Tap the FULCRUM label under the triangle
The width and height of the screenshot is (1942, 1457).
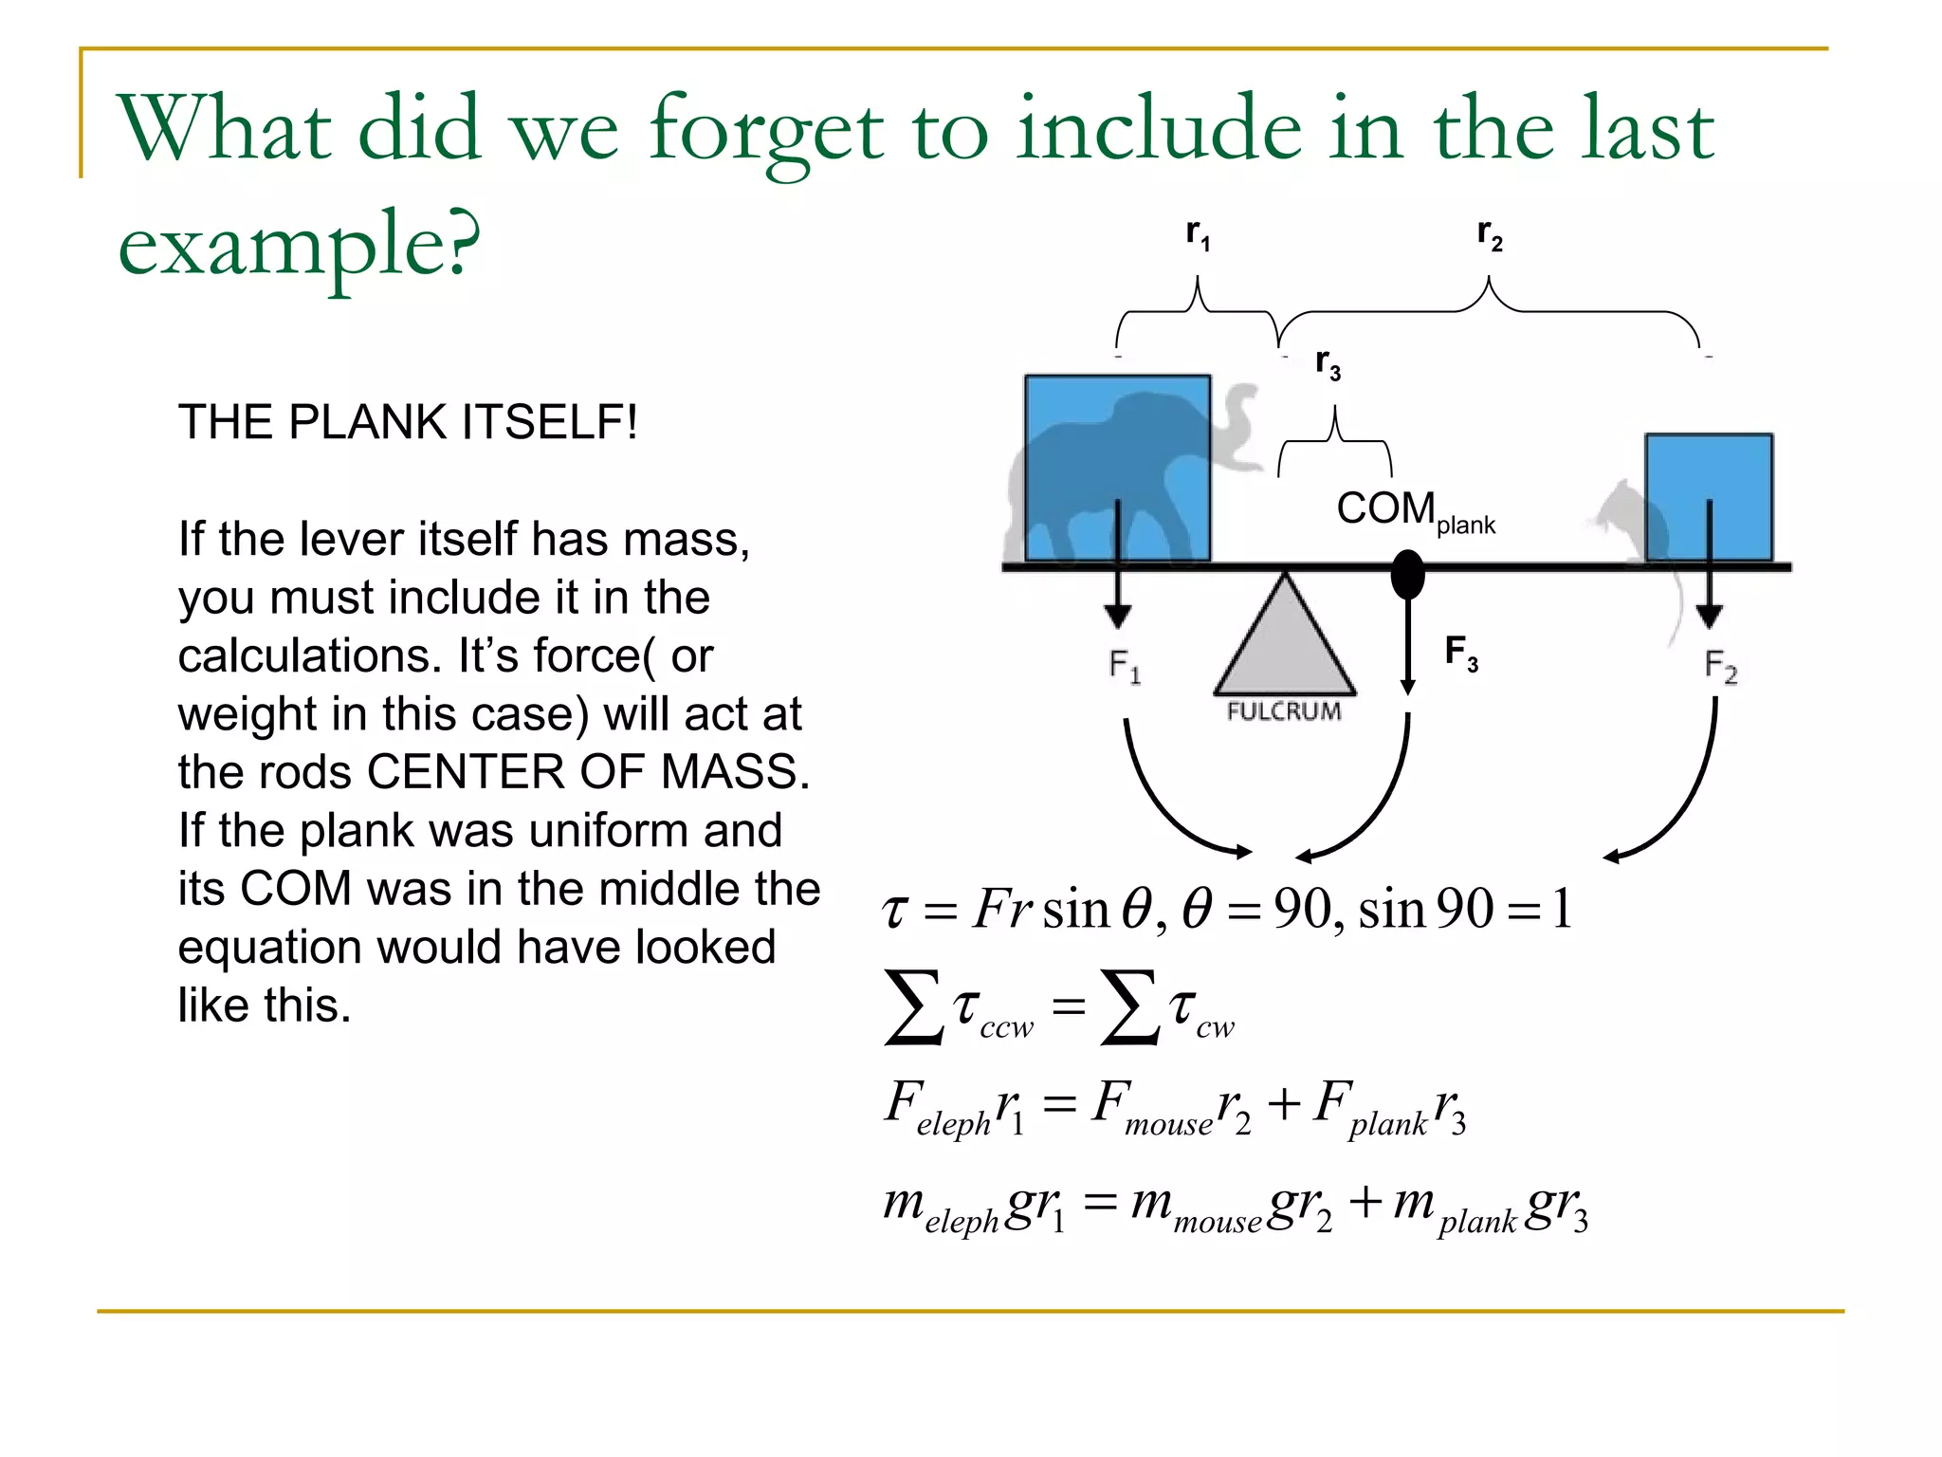coord(1284,711)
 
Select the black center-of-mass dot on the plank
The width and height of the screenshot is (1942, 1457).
coord(1407,574)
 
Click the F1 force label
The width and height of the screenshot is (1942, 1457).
coord(1125,666)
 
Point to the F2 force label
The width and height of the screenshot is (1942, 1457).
coord(1720,666)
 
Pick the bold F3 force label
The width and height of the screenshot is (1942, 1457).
coord(1461,653)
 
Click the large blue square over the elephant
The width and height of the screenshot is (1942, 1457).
coord(1117,467)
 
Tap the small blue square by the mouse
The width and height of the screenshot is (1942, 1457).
coord(1709,497)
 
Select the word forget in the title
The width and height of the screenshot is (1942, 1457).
coord(766,132)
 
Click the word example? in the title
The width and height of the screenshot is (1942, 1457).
coord(299,245)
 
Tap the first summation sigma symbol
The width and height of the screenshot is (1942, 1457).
coord(913,1007)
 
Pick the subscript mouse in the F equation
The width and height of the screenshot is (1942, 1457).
coord(1168,1125)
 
